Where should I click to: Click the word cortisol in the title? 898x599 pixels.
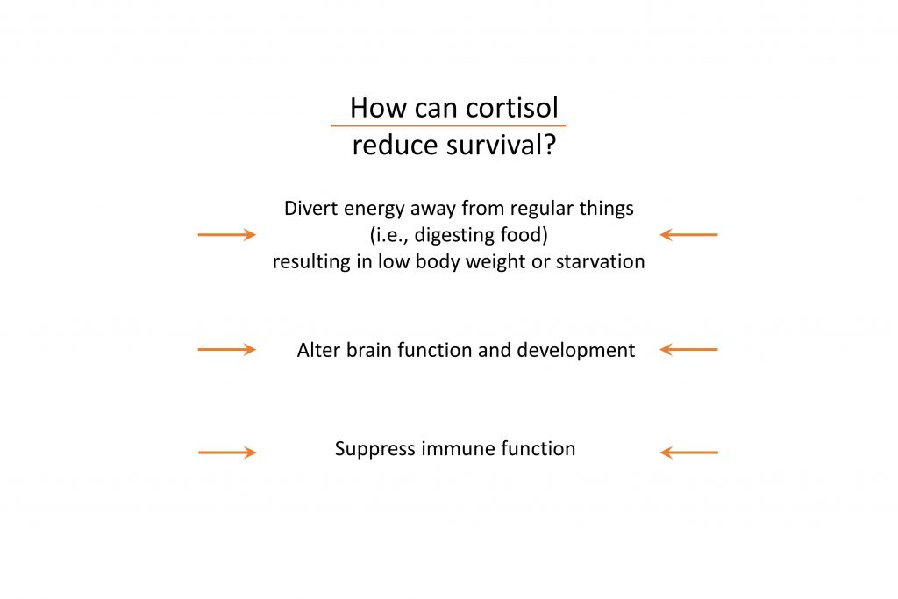(512, 108)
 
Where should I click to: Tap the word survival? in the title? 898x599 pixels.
(502, 146)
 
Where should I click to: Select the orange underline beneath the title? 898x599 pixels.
(448, 125)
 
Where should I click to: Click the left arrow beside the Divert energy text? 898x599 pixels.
(227, 234)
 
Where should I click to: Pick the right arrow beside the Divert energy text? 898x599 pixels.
(688, 234)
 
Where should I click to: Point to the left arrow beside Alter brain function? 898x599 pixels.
(227, 349)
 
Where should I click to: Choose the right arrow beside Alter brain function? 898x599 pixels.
(688, 349)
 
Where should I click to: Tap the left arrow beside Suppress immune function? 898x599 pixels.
(227, 453)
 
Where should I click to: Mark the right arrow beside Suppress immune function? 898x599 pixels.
(689, 453)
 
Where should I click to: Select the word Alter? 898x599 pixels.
(318, 350)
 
